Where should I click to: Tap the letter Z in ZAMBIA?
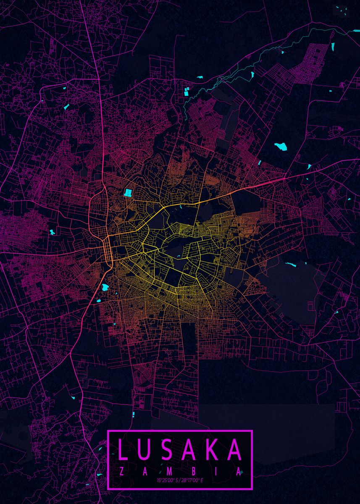pos(121,472)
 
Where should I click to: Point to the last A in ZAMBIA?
pos(239,472)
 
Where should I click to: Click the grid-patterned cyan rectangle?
pos(128,193)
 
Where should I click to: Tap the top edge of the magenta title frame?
pos(180,430)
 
